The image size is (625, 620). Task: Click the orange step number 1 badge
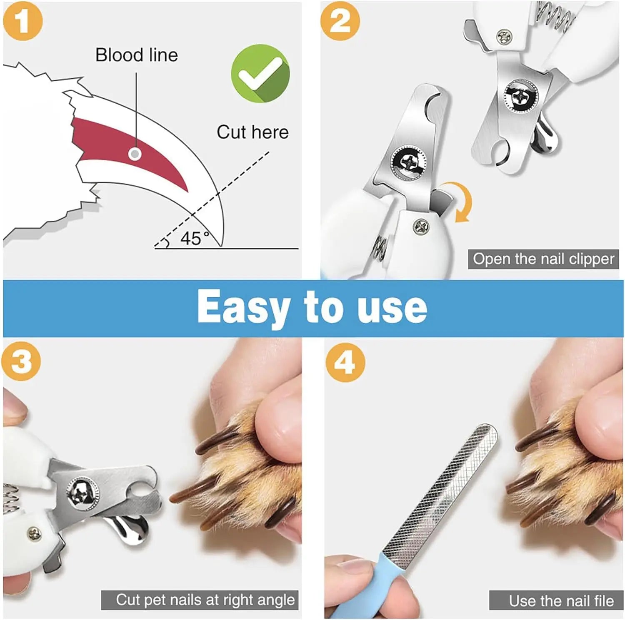(22, 21)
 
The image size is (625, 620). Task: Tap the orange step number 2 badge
(340, 21)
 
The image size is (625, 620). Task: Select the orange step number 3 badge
(21, 361)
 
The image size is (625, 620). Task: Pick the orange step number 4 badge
(345, 362)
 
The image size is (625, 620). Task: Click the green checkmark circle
(260, 73)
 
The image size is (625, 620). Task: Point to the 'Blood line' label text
(136, 55)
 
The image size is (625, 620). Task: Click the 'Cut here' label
(252, 132)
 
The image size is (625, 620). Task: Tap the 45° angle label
(194, 238)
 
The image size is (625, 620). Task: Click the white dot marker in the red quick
(134, 154)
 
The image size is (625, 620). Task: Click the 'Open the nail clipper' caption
(543, 259)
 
